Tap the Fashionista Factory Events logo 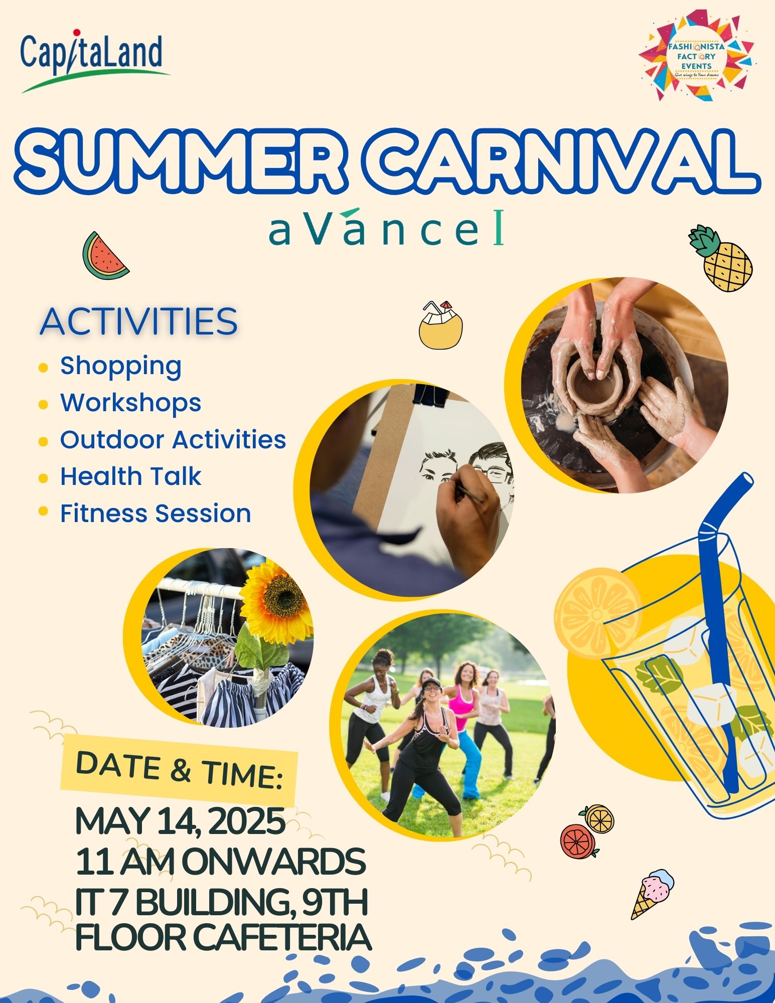coord(696,56)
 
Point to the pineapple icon coord(721,258)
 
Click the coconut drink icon coord(440,324)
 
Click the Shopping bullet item coord(121,366)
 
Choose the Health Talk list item coord(130,476)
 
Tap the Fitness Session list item coord(156,514)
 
